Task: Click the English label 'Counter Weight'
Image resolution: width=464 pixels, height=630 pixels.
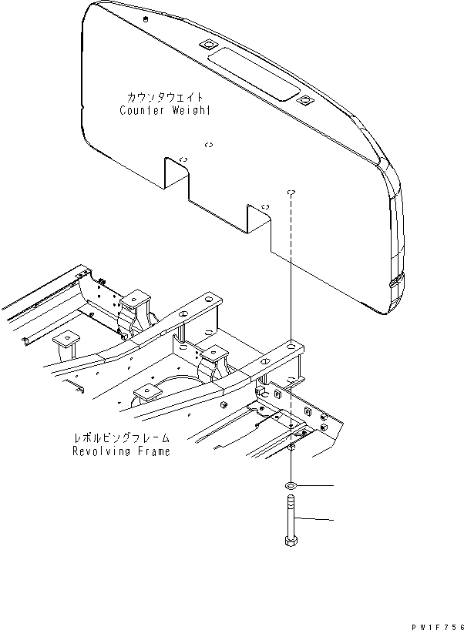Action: [165, 111]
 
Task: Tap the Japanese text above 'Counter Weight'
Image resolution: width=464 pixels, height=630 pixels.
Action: [165, 98]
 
